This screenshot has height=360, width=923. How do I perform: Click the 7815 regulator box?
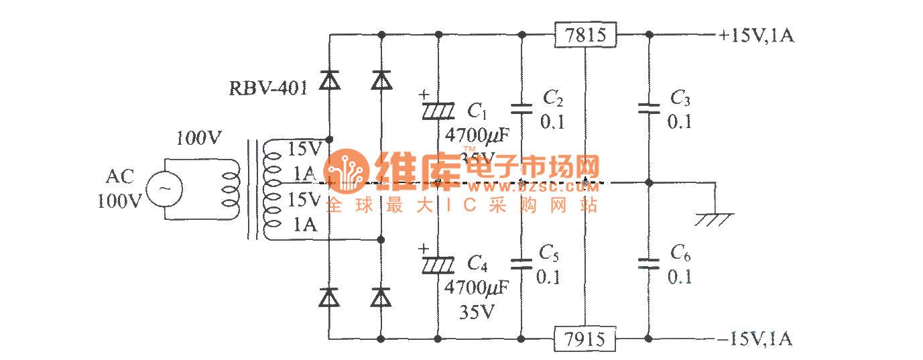pos(585,34)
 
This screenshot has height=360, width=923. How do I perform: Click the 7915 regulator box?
pos(585,339)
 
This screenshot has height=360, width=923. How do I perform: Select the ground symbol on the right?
pos(715,219)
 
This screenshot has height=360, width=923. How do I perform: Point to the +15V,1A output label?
pos(756,36)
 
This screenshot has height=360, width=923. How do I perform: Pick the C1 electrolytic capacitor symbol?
pos(438,109)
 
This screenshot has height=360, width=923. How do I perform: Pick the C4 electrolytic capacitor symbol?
pos(438,264)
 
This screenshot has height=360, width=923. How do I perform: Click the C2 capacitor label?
pos(552,99)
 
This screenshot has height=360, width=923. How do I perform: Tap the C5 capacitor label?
pos(549,253)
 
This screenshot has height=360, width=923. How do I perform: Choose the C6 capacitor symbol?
pos(648,263)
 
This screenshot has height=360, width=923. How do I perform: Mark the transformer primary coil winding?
pos(231,190)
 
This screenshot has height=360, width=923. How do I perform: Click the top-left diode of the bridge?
pos(328,81)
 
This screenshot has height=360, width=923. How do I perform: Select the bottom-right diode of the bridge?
pos(381,296)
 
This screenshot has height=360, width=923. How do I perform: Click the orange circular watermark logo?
pos(346,170)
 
